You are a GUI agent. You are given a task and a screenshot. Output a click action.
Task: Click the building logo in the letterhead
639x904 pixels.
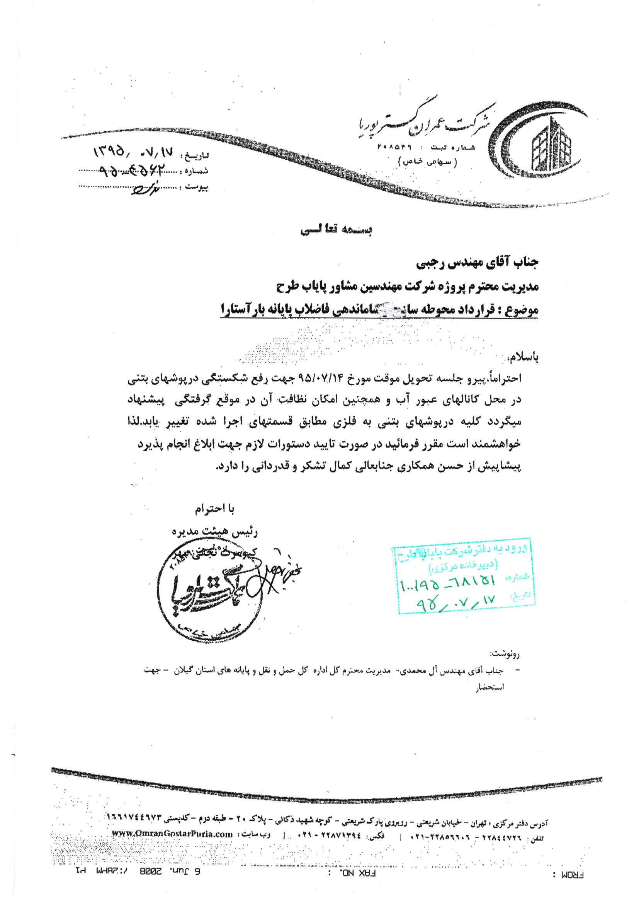(x=551, y=146)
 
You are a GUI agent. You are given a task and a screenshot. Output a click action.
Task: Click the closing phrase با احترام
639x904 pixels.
(x=214, y=510)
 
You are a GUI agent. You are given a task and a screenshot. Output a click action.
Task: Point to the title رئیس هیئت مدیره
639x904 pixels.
(x=215, y=532)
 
